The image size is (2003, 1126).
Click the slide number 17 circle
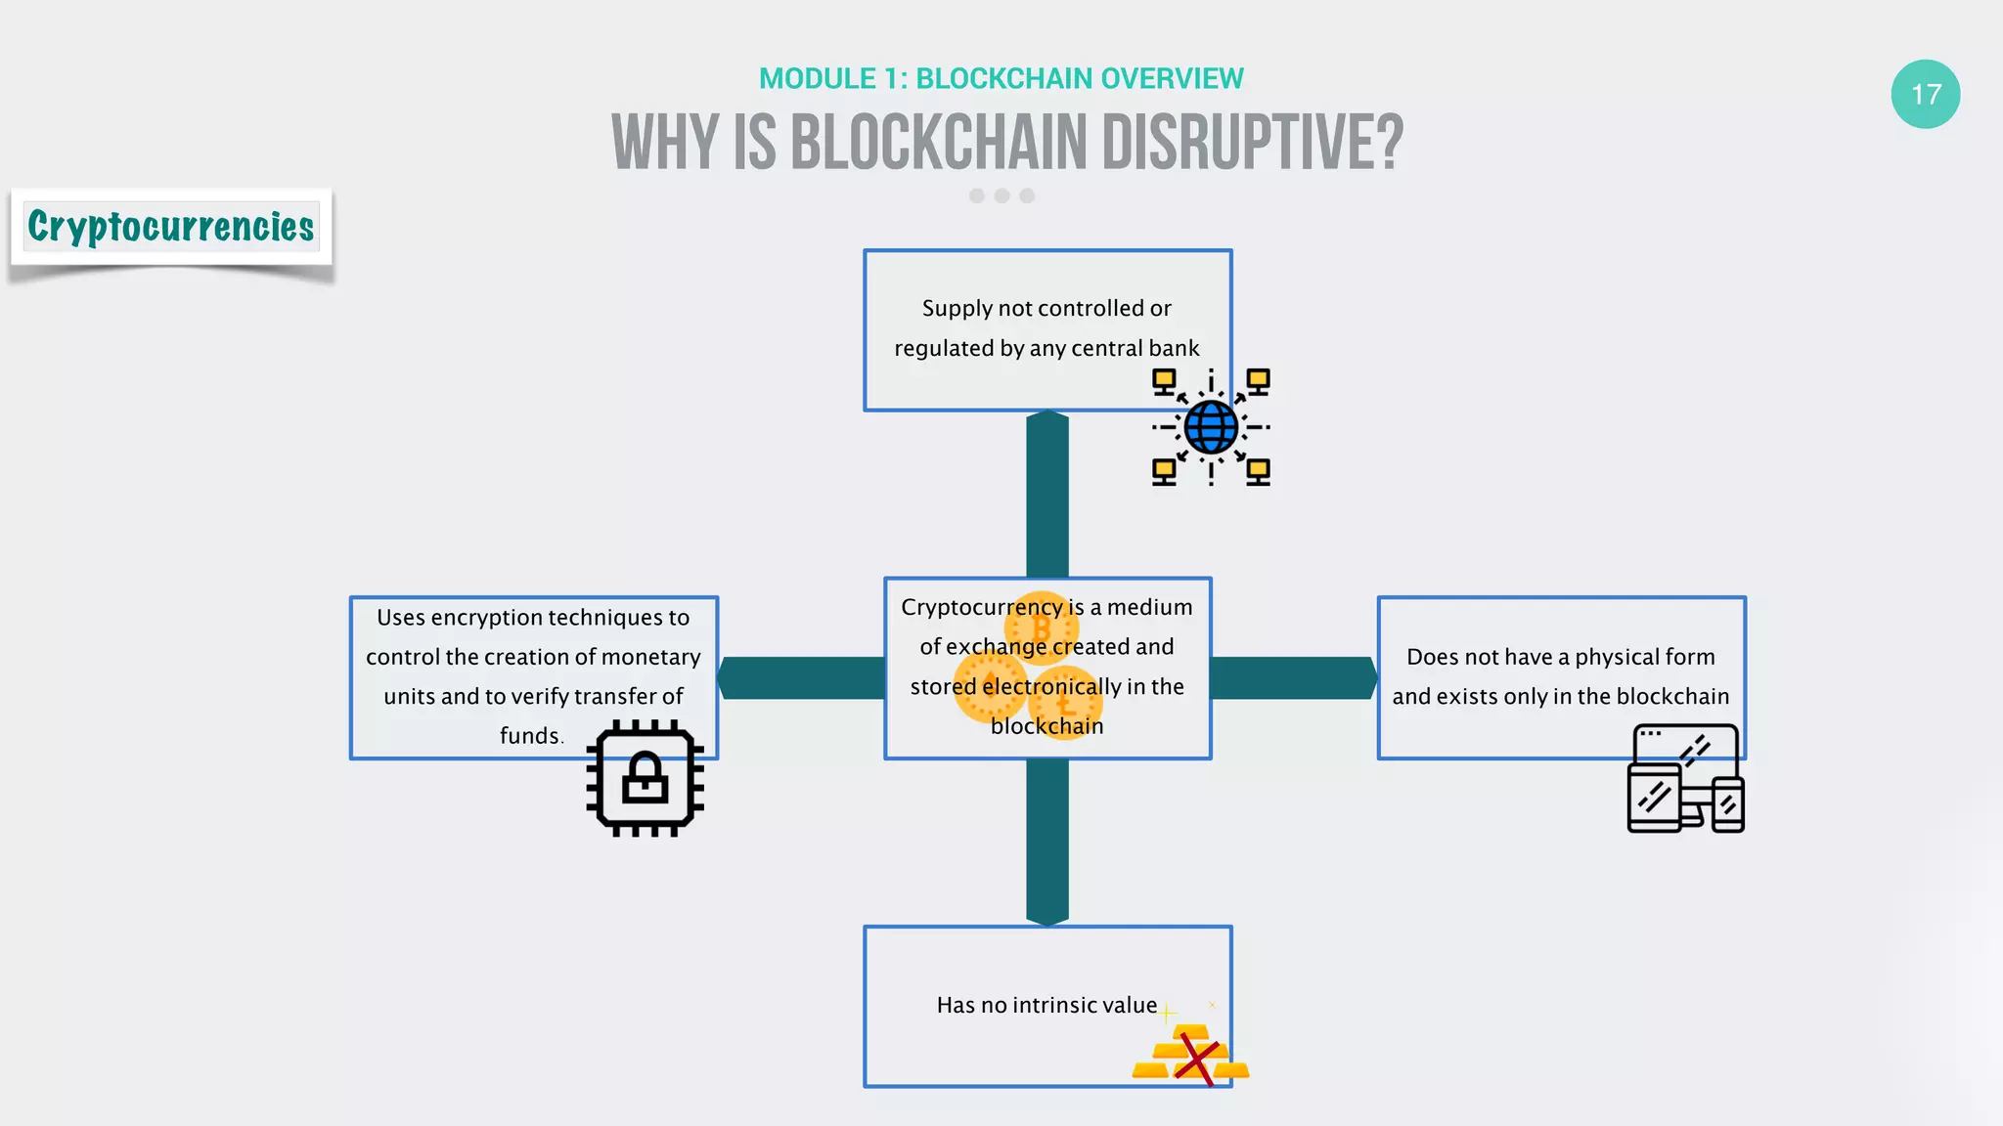(x=1925, y=94)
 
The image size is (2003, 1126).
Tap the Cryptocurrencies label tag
(x=171, y=227)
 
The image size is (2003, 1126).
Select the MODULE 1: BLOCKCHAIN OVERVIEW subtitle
(x=1001, y=78)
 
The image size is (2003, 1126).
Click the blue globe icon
(x=1211, y=427)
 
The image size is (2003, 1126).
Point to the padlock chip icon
(x=645, y=778)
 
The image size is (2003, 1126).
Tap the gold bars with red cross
(x=1190, y=1055)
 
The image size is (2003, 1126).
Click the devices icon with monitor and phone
(x=1685, y=779)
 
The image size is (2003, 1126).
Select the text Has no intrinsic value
(x=1046, y=1005)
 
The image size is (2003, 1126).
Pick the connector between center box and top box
(x=1046, y=494)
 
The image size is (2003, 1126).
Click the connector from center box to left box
(x=802, y=677)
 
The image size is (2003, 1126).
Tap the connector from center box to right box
(x=1293, y=677)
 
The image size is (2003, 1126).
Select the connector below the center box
(x=1046, y=842)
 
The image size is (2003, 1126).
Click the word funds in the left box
(x=529, y=735)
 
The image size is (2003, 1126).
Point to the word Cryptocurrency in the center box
(x=981, y=607)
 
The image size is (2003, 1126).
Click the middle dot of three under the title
(x=1001, y=195)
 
